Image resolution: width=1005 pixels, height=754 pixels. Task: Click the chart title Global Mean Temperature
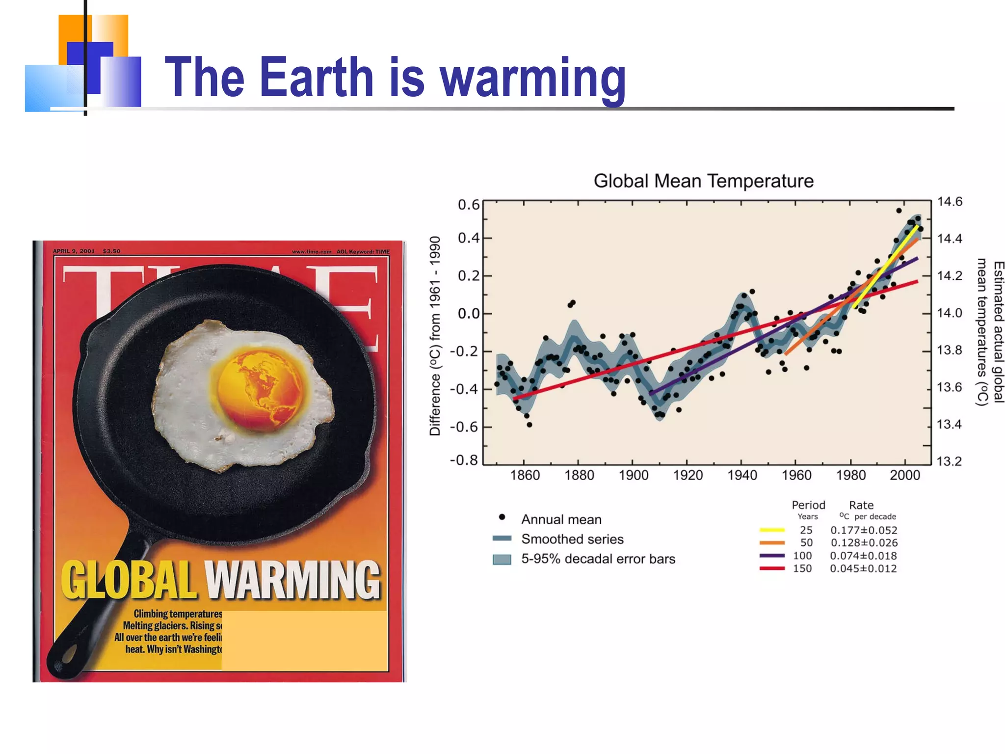(703, 181)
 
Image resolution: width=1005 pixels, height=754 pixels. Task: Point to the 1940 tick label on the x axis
(742, 475)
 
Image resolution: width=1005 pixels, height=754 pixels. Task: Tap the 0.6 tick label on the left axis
(468, 205)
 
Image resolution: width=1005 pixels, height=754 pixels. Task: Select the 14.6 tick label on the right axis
(950, 202)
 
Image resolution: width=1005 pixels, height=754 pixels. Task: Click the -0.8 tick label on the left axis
(464, 460)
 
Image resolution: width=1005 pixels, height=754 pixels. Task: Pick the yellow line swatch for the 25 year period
(772, 530)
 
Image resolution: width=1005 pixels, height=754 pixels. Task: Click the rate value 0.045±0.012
(863, 568)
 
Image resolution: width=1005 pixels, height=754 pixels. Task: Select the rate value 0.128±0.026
(864, 543)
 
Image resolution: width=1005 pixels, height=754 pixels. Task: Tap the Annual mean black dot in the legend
(502, 517)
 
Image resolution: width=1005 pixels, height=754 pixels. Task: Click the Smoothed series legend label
(572, 539)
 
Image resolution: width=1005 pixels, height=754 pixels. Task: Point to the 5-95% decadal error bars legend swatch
(502, 559)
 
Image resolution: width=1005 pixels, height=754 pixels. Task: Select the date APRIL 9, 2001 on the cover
(74, 251)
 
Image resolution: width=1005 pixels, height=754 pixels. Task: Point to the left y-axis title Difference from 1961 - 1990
(435, 336)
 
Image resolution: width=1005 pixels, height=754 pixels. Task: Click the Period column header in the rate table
(808, 505)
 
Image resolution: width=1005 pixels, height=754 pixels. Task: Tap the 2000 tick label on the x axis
(904, 475)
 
